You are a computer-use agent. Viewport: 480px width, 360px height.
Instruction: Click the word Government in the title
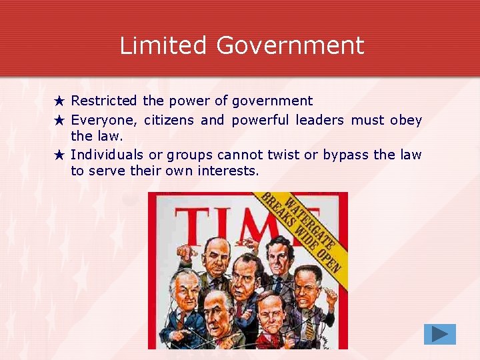(290, 45)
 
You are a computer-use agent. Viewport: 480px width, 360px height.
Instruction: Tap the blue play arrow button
(439, 334)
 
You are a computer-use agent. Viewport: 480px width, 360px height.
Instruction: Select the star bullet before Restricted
(59, 101)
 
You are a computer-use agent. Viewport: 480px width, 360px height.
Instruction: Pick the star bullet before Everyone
(59, 121)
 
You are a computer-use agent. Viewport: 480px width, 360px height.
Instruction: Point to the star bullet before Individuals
(59, 155)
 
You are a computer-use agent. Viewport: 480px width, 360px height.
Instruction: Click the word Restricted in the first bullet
(104, 101)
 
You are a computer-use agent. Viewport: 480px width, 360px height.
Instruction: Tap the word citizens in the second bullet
(169, 121)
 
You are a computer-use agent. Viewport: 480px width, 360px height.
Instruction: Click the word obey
(406, 121)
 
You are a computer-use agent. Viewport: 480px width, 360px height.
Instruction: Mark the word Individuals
(107, 155)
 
